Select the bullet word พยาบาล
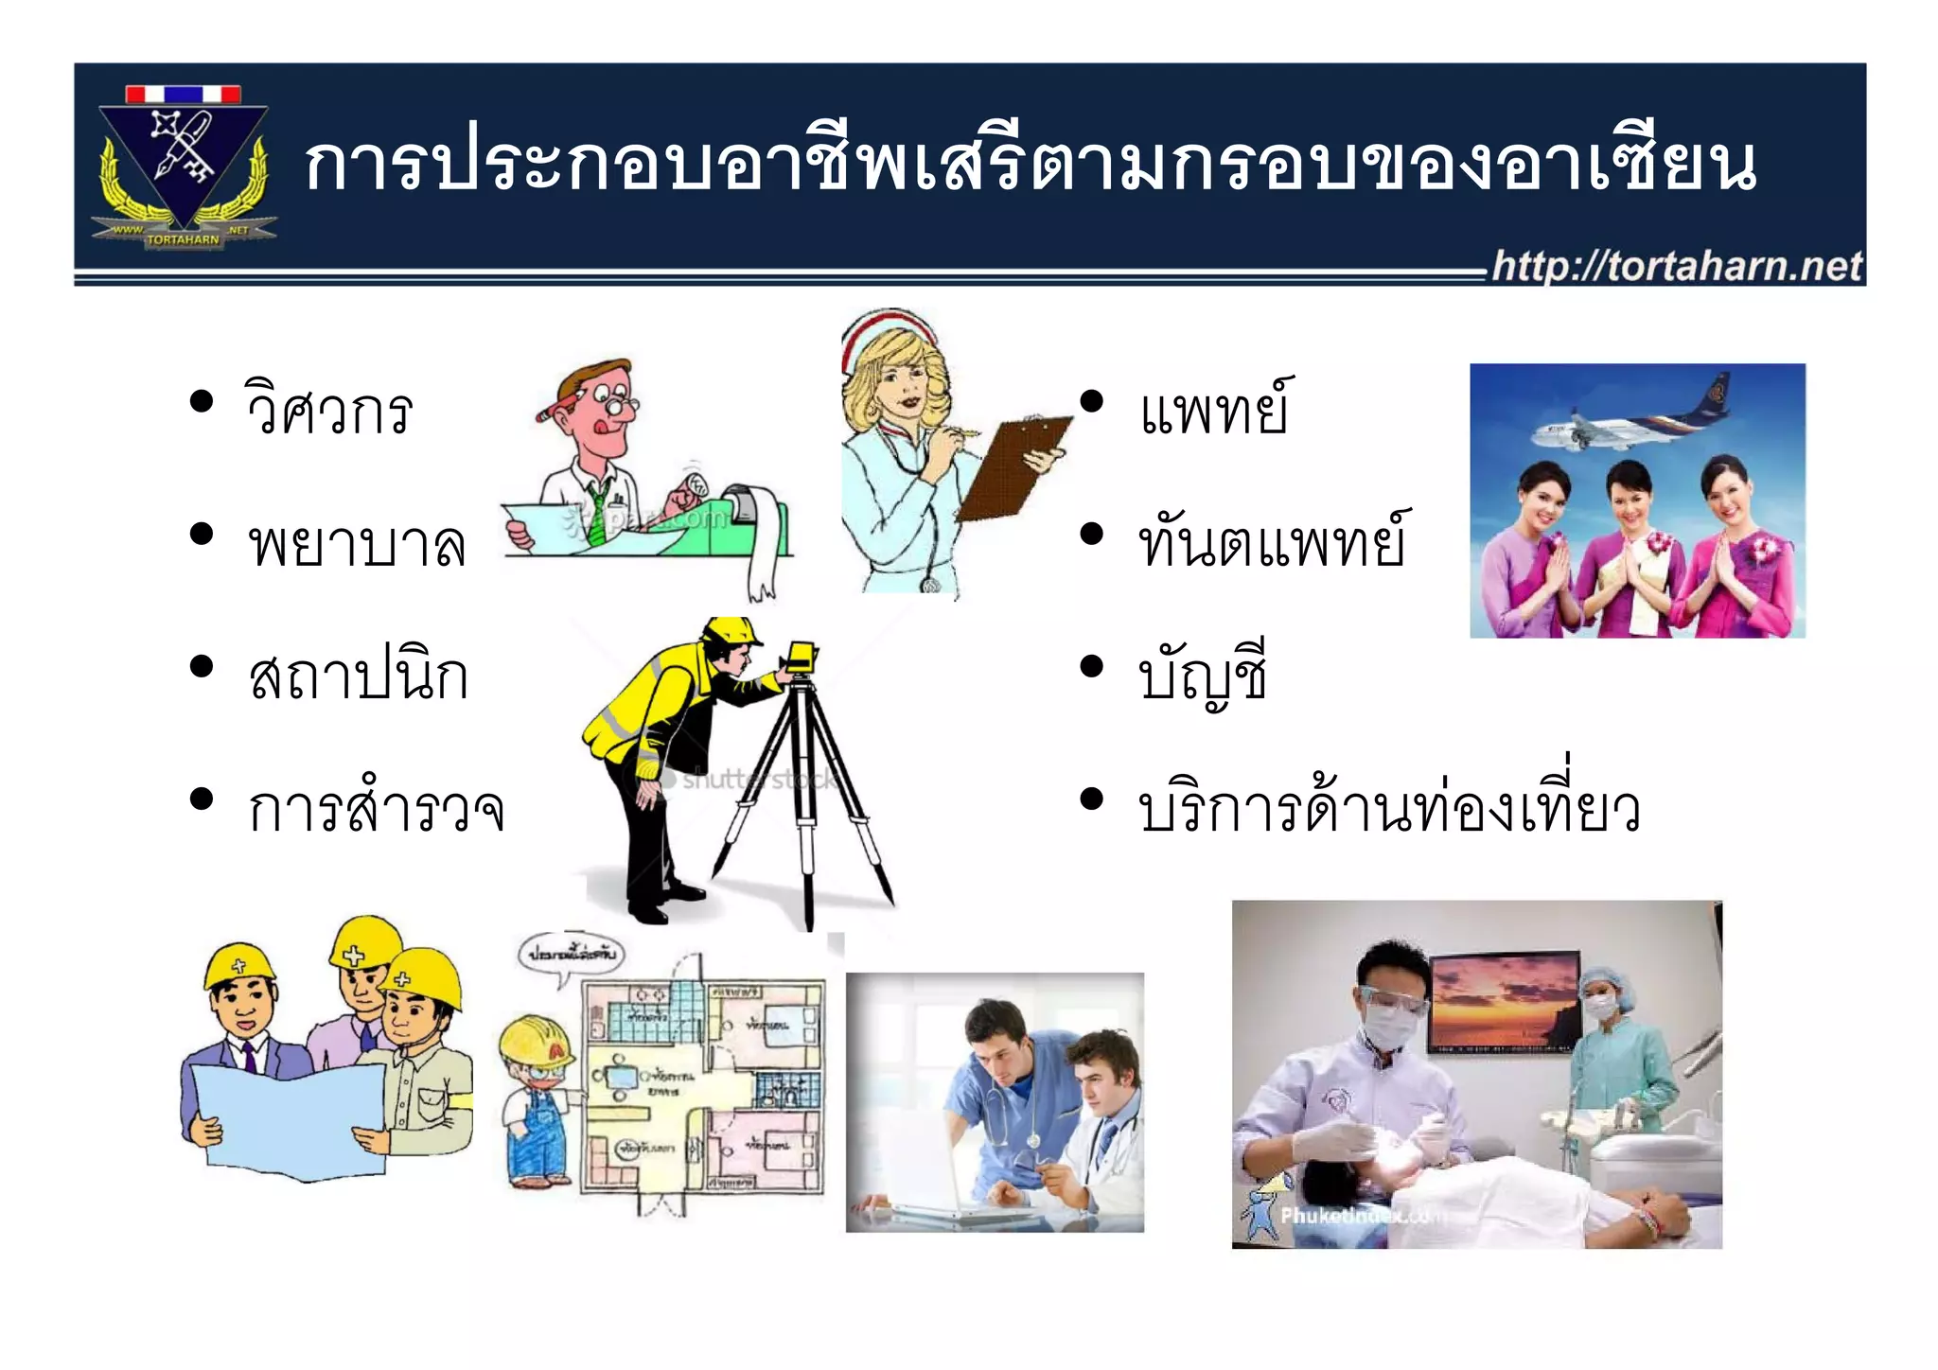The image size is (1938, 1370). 357,544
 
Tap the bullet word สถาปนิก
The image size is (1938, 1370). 359,676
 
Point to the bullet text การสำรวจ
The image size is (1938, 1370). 376,810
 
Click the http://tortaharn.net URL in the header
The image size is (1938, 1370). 1676,266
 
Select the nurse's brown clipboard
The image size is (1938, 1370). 1013,468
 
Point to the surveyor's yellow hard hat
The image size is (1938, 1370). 731,631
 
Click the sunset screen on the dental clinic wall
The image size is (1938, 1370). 1505,1001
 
